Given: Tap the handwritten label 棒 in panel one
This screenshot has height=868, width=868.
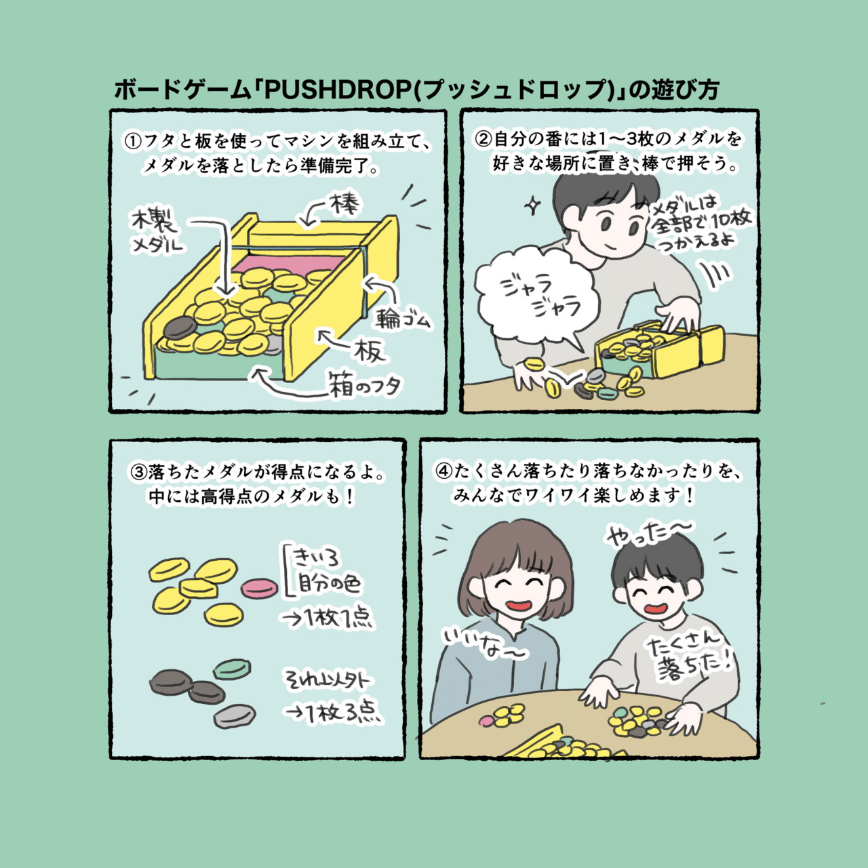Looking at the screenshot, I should click(344, 205).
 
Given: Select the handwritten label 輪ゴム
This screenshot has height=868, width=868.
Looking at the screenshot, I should click(403, 317).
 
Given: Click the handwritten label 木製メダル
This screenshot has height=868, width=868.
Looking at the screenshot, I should click(156, 231).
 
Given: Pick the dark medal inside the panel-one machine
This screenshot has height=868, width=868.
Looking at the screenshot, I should click(179, 328).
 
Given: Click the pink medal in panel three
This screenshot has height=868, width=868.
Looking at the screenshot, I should click(259, 587).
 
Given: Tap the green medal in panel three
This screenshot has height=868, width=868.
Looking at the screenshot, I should click(233, 669).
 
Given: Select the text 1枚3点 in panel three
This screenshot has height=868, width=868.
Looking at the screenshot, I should click(332, 713).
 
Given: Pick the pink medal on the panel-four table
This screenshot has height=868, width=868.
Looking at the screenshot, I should click(486, 719).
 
